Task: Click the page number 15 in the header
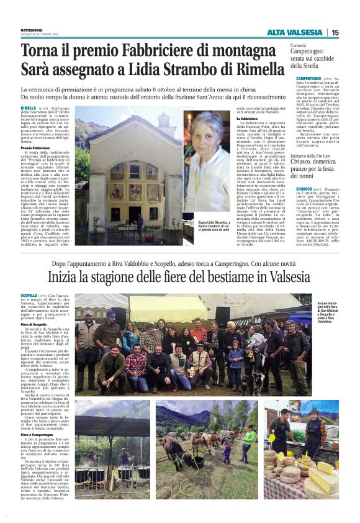tap(336, 32)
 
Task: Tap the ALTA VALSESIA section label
tap(295, 32)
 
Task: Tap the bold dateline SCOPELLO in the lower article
tap(29, 296)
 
